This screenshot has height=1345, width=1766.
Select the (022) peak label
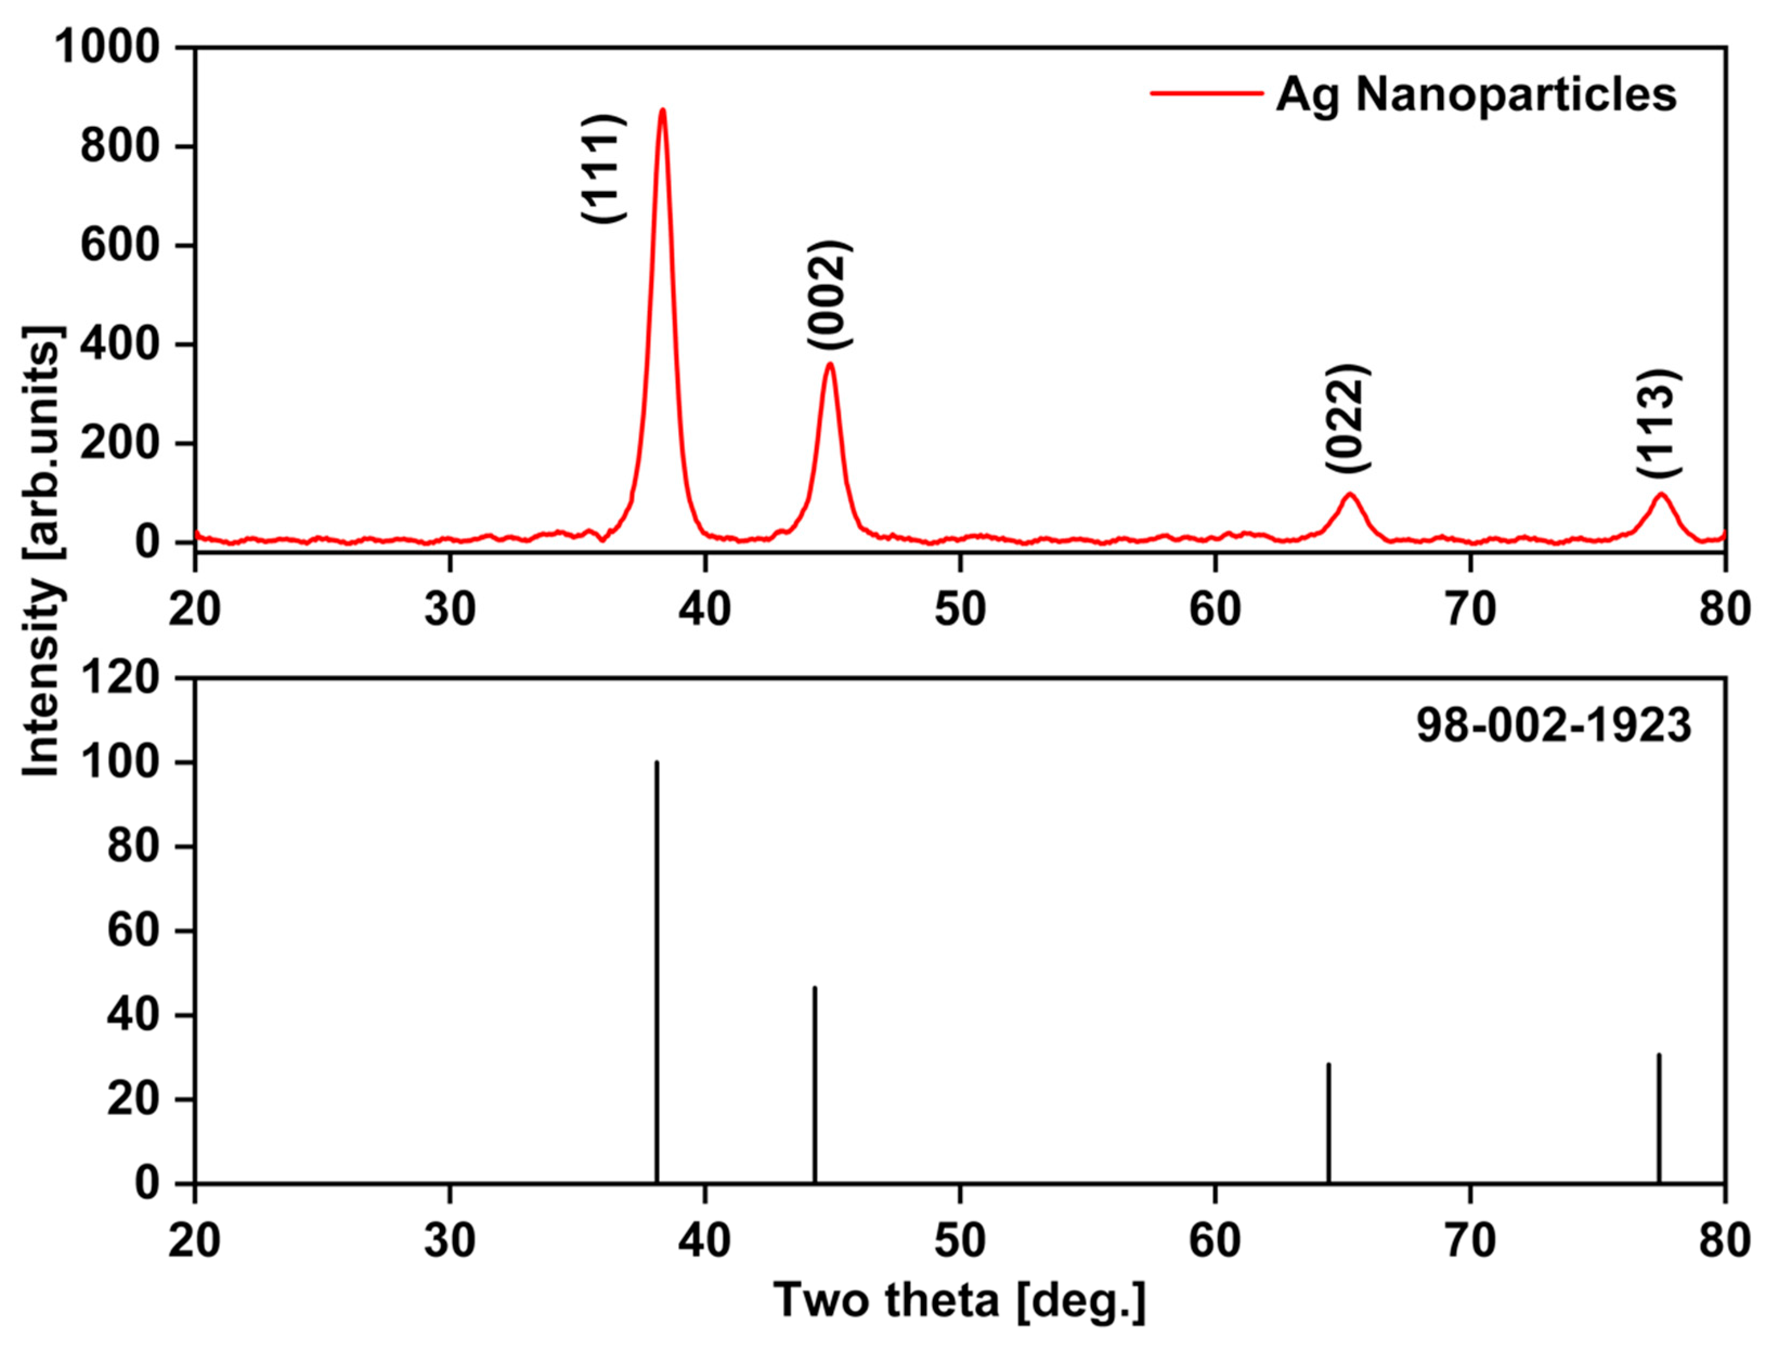pyautogui.click(x=1347, y=419)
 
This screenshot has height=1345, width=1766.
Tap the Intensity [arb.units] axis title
pyautogui.click(x=42, y=553)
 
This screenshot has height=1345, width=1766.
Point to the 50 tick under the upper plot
pyautogui.click(x=960, y=609)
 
